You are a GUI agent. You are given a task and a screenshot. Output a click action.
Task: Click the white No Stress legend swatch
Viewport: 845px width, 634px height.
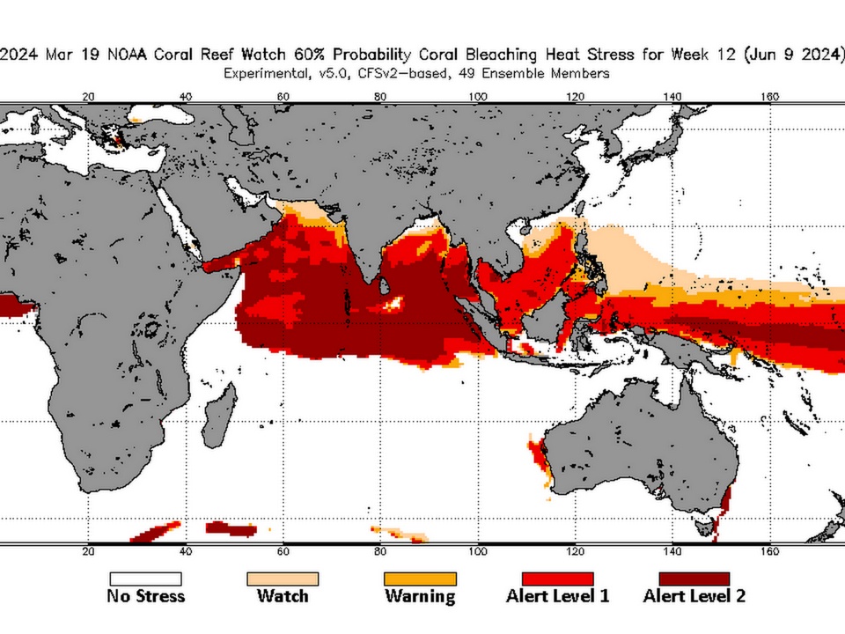(145, 579)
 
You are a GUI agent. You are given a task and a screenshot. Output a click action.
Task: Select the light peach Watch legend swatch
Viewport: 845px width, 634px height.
(283, 579)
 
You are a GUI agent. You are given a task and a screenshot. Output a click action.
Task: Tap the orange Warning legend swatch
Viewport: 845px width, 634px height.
(420, 579)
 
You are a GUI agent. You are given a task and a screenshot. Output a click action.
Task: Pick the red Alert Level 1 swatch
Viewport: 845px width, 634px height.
(557, 579)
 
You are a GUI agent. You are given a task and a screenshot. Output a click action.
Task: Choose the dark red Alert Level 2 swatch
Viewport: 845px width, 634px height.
(694, 579)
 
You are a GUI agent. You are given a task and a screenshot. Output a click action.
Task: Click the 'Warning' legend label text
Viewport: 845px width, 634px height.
(420, 596)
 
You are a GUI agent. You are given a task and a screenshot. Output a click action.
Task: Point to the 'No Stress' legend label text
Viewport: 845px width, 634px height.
(145, 596)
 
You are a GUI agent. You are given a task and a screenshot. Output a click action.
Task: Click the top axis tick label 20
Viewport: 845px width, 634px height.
(88, 97)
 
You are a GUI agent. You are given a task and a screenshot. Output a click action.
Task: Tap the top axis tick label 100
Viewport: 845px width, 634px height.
(478, 97)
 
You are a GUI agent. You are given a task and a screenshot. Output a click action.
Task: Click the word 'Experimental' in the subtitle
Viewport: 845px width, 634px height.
(265, 74)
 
